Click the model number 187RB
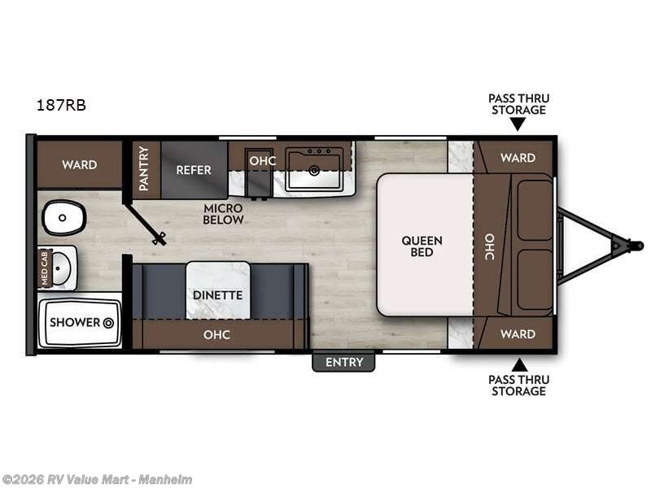pos(61,105)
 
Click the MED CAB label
pos(46,268)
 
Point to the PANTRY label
pos(144,169)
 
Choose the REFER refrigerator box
pos(194,170)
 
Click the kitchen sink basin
pos(314,172)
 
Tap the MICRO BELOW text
pos(224,214)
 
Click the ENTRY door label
pos(343,362)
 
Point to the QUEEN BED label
pos(422,246)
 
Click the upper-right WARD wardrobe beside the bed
pos(518,158)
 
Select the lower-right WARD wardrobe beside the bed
pos(518,333)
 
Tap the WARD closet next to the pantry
pos(79,164)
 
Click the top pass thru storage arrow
pos(518,124)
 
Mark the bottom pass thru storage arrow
pos(518,364)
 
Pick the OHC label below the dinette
pos(217,334)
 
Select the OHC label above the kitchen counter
pos(262,160)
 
